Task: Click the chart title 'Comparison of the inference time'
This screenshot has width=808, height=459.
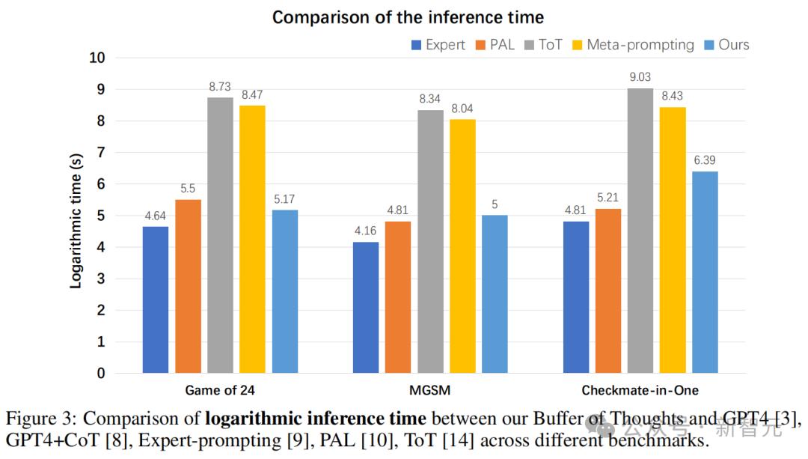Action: pyautogui.click(x=408, y=17)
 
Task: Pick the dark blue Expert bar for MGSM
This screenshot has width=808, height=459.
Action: pyautogui.click(x=366, y=307)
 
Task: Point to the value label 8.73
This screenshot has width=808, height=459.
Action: pyautogui.click(x=220, y=87)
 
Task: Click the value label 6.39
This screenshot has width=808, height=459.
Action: pyautogui.click(x=705, y=160)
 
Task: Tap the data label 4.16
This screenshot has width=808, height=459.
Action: pyautogui.click(x=366, y=231)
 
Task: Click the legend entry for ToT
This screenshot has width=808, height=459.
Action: pyautogui.click(x=543, y=45)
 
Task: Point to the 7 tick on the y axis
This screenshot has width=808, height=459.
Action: pyautogui.click(x=101, y=153)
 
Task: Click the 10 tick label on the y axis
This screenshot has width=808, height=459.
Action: pyautogui.click(x=97, y=58)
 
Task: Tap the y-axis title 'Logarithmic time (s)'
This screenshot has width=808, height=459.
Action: pyautogui.click(x=76, y=220)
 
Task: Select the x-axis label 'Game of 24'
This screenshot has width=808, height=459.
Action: pyautogui.click(x=220, y=390)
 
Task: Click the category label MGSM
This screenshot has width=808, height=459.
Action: pyautogui.click(x=430, y=390)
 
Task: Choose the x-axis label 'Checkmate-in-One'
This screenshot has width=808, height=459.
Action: pyautogui.click(x=640, y=390)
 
